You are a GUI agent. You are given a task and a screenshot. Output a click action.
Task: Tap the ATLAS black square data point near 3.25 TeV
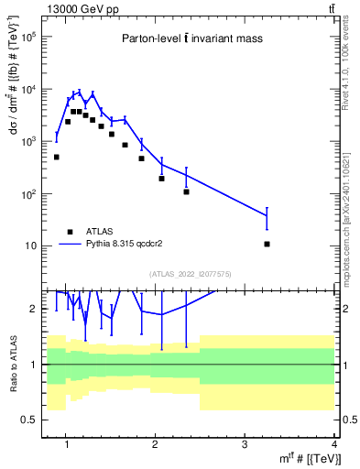267,244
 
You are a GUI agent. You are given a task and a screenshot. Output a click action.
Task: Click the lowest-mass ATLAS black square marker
56,157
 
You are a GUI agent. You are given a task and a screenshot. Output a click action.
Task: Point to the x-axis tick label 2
154,446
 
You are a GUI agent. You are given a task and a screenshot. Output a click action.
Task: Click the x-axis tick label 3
244,446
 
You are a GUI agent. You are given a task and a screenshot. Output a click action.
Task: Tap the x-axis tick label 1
65,446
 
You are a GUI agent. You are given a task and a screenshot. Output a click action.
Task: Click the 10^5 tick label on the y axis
27,38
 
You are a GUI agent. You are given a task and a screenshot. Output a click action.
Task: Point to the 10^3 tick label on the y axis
27,142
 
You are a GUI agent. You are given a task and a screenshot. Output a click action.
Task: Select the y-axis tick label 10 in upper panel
30,246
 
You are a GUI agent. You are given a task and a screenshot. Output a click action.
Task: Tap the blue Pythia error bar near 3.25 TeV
267,218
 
